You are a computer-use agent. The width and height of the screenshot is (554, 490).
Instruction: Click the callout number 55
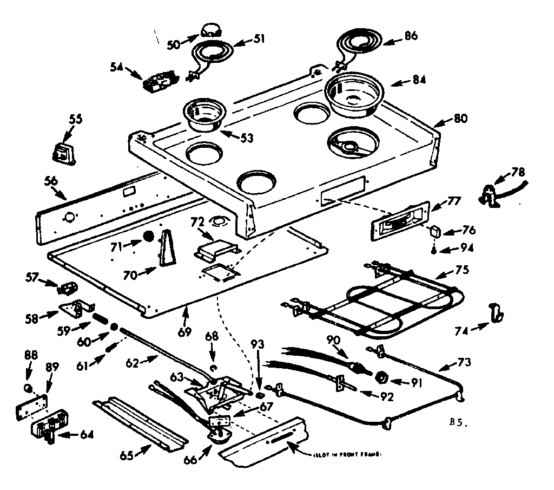pyautogui.click(x=75, y=119)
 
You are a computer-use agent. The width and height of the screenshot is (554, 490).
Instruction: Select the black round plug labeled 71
pyautogui.click(x=149, y=237)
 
